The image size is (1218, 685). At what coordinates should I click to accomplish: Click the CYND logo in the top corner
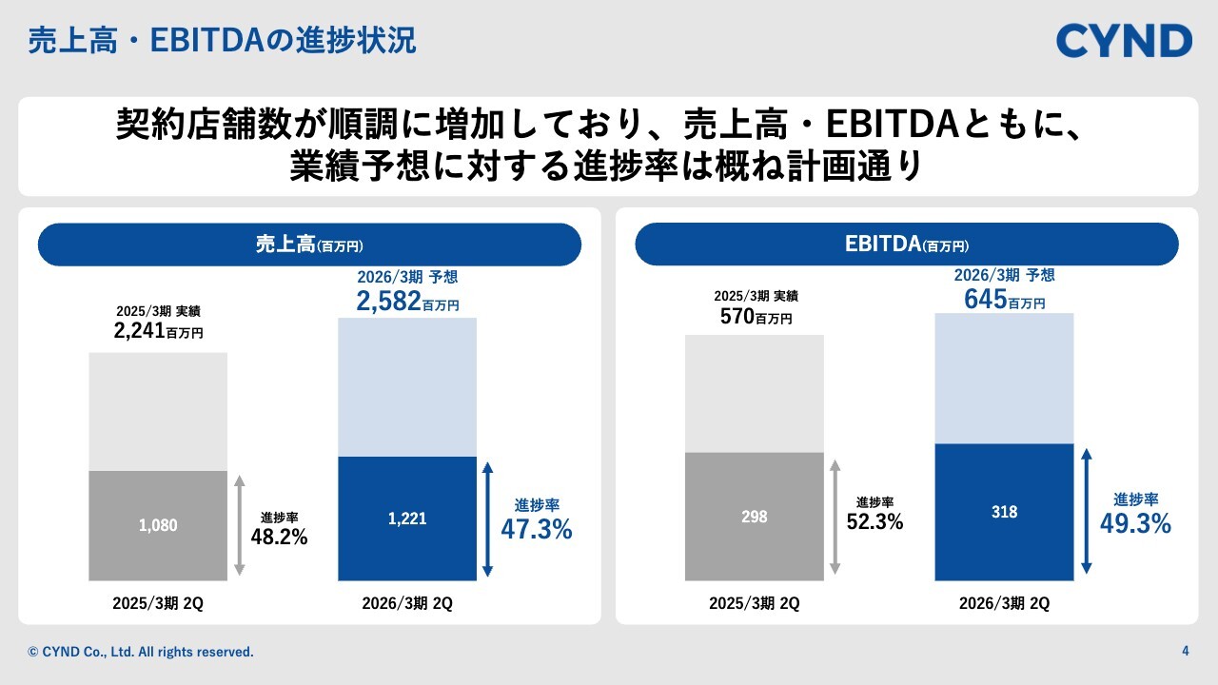click(1124, 41)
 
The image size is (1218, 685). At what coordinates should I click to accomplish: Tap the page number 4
click(1185, 652)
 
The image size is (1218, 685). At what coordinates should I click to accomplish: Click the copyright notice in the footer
click(141, 652)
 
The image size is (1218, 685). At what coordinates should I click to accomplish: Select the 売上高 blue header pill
click(309, 245)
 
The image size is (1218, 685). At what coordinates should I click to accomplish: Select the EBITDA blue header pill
click(906, 245)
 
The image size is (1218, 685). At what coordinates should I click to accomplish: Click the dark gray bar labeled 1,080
click(158, 525)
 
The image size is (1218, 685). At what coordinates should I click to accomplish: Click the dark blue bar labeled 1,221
click(407, 519)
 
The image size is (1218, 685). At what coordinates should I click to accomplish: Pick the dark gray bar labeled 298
click(754, 517)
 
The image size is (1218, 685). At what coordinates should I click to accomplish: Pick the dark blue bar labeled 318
click(1004, 512)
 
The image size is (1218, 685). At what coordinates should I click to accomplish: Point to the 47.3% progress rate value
click(537, 530)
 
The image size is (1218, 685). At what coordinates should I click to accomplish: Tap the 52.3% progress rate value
click(874, 521)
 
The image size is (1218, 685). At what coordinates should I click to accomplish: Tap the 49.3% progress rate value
click(1135, 523)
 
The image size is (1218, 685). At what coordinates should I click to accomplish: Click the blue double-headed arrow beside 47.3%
click(488, 519)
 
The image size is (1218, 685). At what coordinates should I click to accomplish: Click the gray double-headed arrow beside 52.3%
click(835, 517)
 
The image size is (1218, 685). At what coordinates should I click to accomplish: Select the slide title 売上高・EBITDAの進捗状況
click(222, 41)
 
